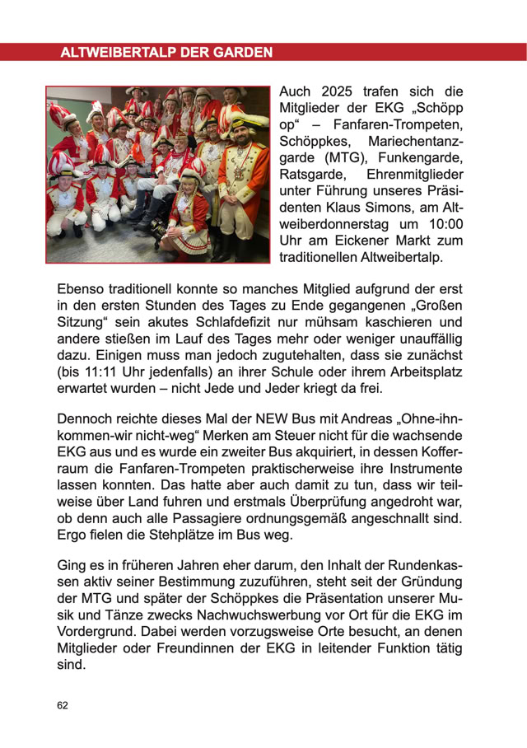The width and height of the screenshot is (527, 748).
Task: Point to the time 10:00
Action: pyautogui.click(x=445, y=224)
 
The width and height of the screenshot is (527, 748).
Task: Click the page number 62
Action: pyautogui.click(x=63, y=706)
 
